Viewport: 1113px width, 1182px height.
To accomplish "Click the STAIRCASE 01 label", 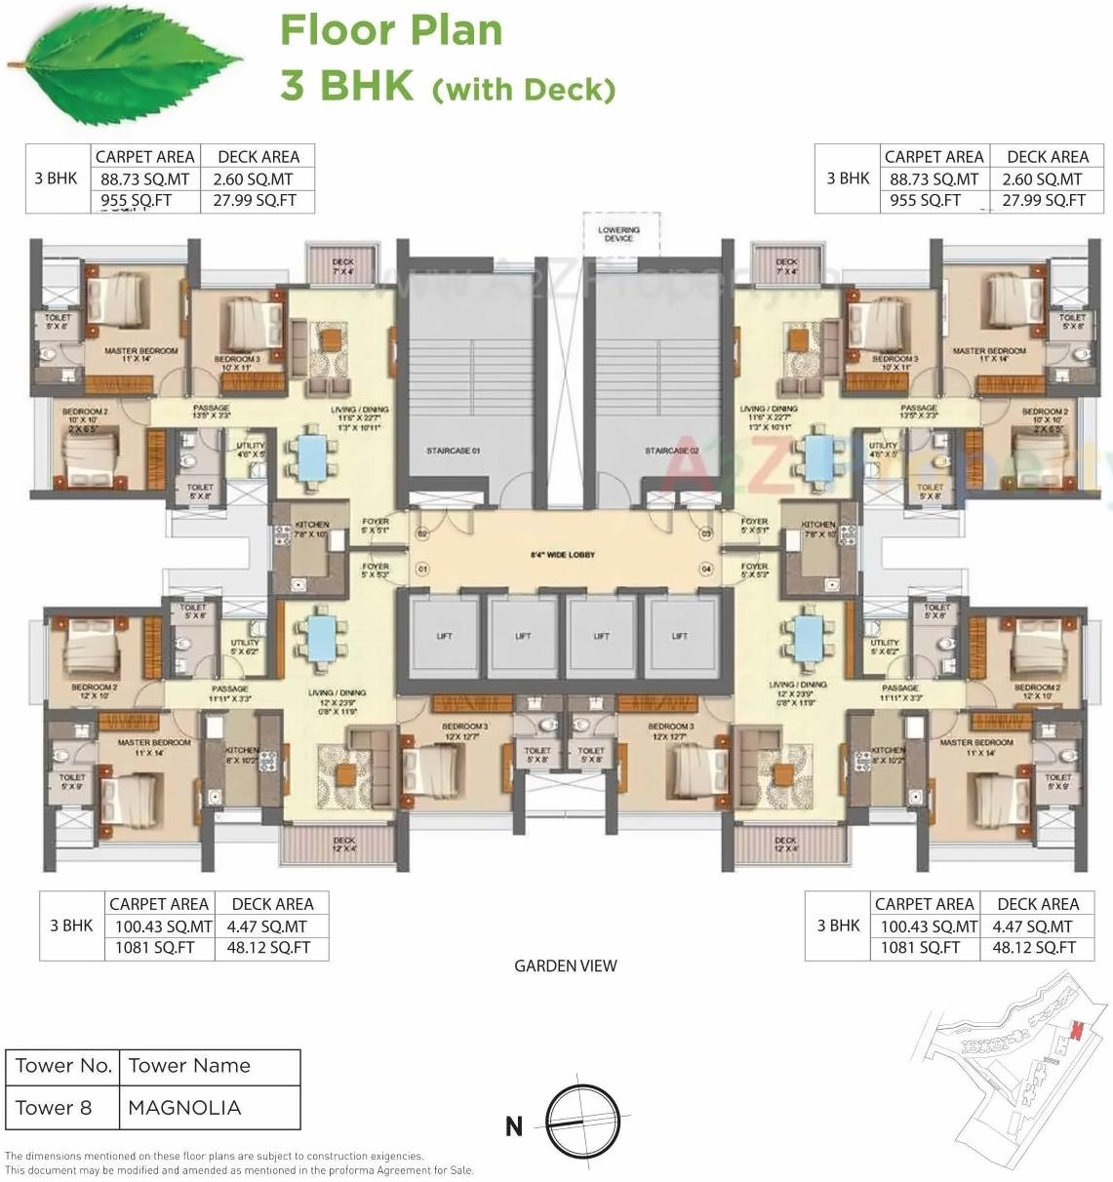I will [x=454, y=451].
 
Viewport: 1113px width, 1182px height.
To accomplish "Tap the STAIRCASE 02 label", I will [x=672, y=451].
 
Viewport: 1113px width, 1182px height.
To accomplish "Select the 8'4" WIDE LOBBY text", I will [x=563, y=555].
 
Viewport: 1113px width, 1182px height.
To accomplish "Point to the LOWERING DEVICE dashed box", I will [x=619, y=233].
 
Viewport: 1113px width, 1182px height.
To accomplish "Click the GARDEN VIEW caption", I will [x=566, y=965].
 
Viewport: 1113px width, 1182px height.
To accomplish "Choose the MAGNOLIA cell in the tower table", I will [x=184, y=1108].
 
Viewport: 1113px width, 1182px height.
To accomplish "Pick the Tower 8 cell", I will [x=54, y=1108].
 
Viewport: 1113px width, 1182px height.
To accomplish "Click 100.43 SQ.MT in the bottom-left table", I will [x=160, y=926].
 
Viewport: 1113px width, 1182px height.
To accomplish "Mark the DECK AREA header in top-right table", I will [x=1047, y=157].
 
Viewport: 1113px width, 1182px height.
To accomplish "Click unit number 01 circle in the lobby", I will [x=422, y=569].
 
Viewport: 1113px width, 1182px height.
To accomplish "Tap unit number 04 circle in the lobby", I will [x=706, y=569].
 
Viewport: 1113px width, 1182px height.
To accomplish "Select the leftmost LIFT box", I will [x=444, y=636].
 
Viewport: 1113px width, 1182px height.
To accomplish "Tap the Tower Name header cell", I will [x=189, y=1066].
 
